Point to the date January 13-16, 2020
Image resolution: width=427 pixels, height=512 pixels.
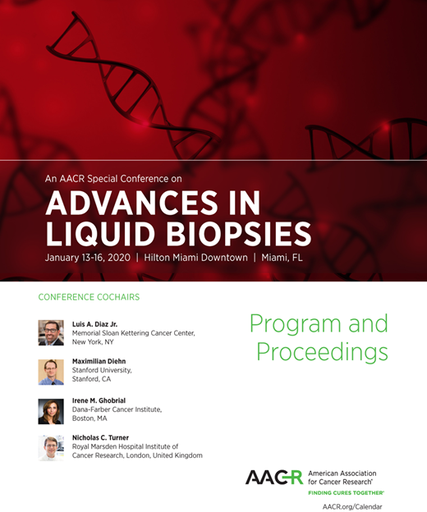[x=90, y=258]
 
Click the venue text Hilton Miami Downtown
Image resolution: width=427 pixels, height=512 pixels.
[x=195, y=258]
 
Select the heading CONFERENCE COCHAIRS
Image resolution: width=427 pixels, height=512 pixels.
[x=89, y=297]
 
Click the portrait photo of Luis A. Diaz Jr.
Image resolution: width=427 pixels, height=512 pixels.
[x=51, y=332]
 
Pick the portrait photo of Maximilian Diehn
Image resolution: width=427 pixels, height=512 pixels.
[x=51, y=372]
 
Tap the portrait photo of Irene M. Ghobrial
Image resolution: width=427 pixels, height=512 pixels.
[x=51, y=410]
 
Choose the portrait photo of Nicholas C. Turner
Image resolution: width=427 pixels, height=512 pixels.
[x=51, y=448]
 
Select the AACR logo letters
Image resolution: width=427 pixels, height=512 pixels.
[x=274, y=478]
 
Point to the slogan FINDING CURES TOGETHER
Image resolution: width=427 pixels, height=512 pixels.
[x=346, y=493]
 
